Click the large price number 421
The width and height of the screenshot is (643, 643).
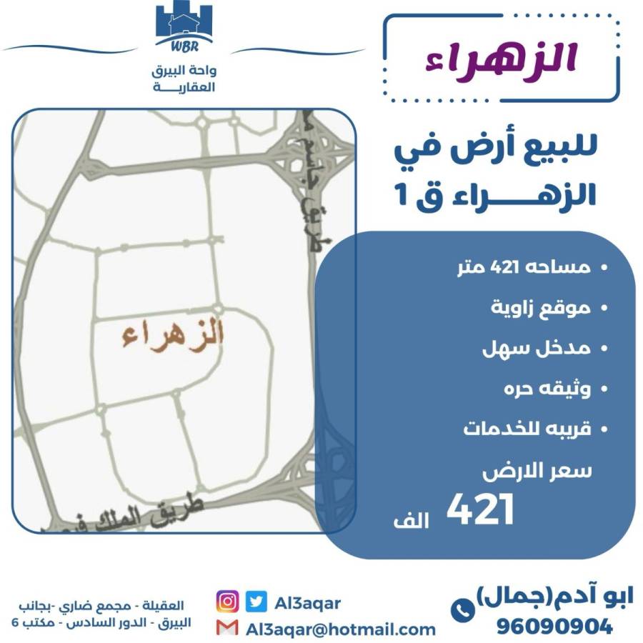tap(480, 511)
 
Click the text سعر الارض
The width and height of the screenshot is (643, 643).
tap(537, 472)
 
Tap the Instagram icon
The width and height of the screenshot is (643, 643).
tap(227, 602)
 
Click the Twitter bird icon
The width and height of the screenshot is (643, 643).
tap(255, 602)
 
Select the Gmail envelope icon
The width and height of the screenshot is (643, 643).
tap(227, 628)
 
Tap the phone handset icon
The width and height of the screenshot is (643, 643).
tap(461, 610)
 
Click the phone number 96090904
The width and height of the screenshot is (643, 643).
tap(554, 627)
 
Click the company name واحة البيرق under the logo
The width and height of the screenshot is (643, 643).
tap(185, 71)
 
